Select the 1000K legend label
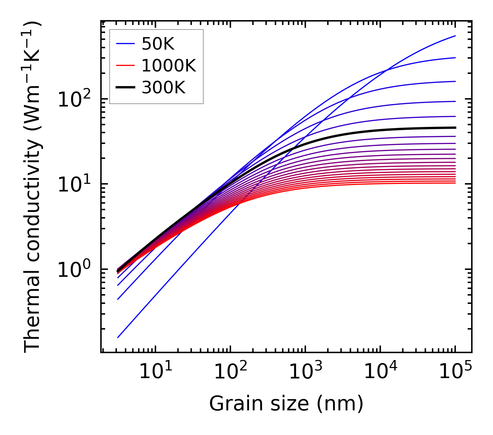169,66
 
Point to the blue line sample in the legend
125,44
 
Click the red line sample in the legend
125,66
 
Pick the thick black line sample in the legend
125,88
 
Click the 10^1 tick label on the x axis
155,372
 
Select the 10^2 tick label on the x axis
230,372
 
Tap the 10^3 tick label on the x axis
305,372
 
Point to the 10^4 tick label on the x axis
380,372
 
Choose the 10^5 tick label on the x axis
455,372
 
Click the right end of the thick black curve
455,128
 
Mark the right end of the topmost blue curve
455,36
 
